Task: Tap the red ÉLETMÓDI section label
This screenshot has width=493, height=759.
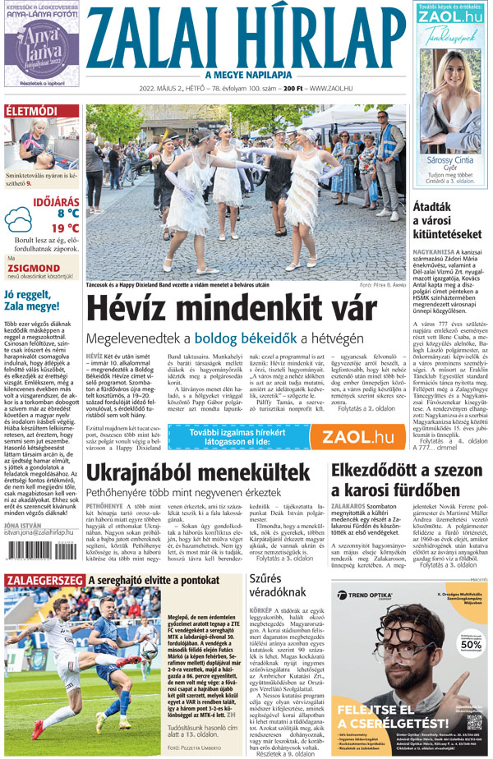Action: [31, 112]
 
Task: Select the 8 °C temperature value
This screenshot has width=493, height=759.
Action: [62, 213]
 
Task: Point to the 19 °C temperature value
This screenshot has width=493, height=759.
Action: [65, 228]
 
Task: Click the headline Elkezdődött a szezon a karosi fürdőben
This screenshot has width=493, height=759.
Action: [408, 480]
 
